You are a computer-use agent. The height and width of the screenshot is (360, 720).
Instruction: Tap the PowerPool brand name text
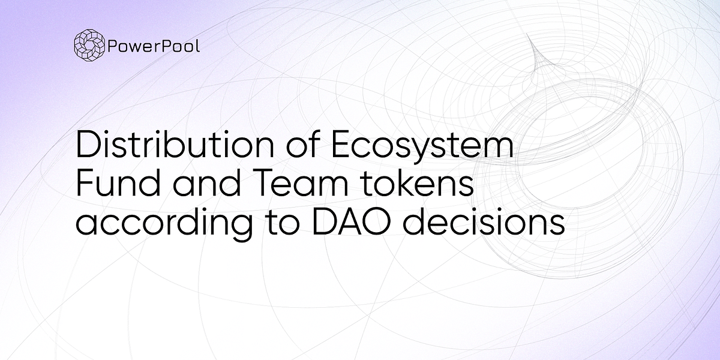click(154, 46)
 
